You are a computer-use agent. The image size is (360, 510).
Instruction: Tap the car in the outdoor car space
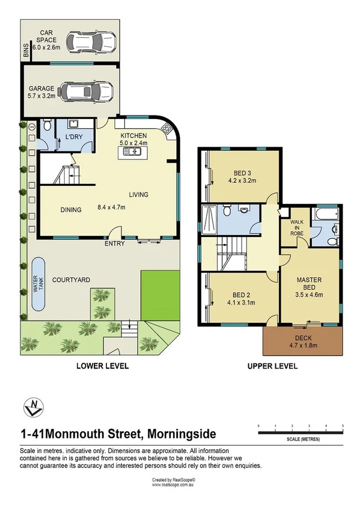pos(90,42)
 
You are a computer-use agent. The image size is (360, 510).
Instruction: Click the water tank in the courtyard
pos(38,284)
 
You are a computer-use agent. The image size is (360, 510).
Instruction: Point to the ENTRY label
pos(114,244)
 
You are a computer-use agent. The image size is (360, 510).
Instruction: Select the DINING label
pos(71,210)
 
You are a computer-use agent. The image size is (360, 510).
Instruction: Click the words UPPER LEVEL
pos(273,366)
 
